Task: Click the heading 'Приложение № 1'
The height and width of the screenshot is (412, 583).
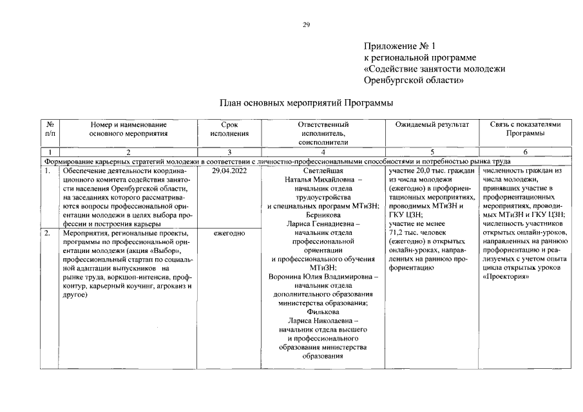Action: coord(400,46)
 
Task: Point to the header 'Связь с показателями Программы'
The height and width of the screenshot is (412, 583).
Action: coord(525,129)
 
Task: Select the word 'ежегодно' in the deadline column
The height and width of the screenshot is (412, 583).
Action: coord(229,233)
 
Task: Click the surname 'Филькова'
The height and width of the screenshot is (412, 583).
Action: coord(323,312)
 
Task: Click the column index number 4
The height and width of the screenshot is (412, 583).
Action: coord(323,152)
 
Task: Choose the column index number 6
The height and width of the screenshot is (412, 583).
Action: coord(525,152)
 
